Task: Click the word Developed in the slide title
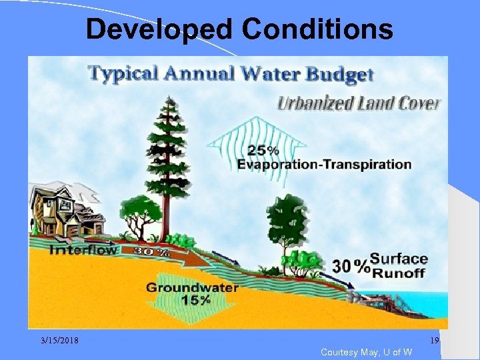[159, 29]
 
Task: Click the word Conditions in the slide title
[317, 29]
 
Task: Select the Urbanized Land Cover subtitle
[359, 103]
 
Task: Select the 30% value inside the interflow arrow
[152, 253]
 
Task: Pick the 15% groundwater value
[195, 300]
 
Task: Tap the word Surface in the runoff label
[399, 259]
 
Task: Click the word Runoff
[399, 272]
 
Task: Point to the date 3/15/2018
[58, 341]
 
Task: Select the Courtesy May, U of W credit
[366, 352]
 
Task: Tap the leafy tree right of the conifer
[287, 220]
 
